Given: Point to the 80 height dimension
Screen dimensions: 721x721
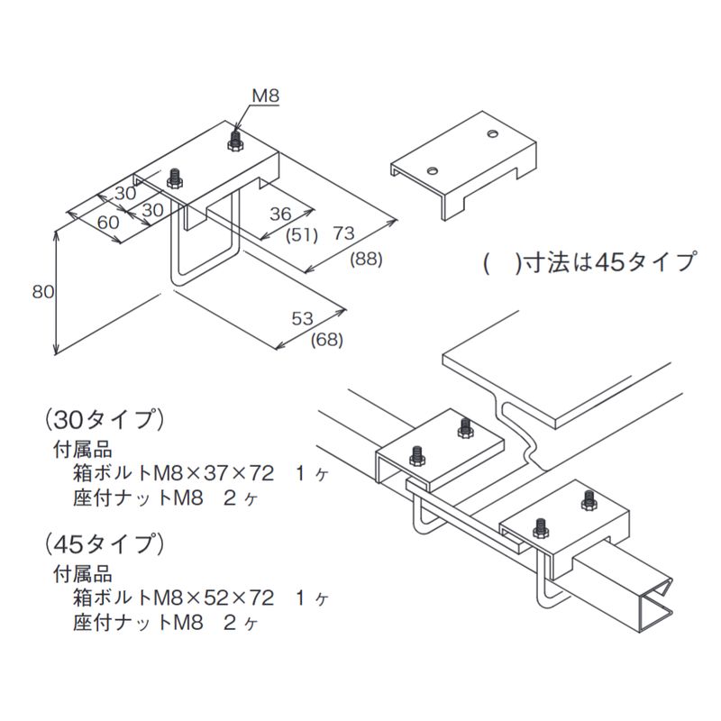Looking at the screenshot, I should [x=41, y=291].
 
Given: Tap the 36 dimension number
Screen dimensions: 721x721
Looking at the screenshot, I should [x=280, y=214].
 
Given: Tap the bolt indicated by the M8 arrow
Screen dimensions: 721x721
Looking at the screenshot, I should [x=235, y=140].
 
